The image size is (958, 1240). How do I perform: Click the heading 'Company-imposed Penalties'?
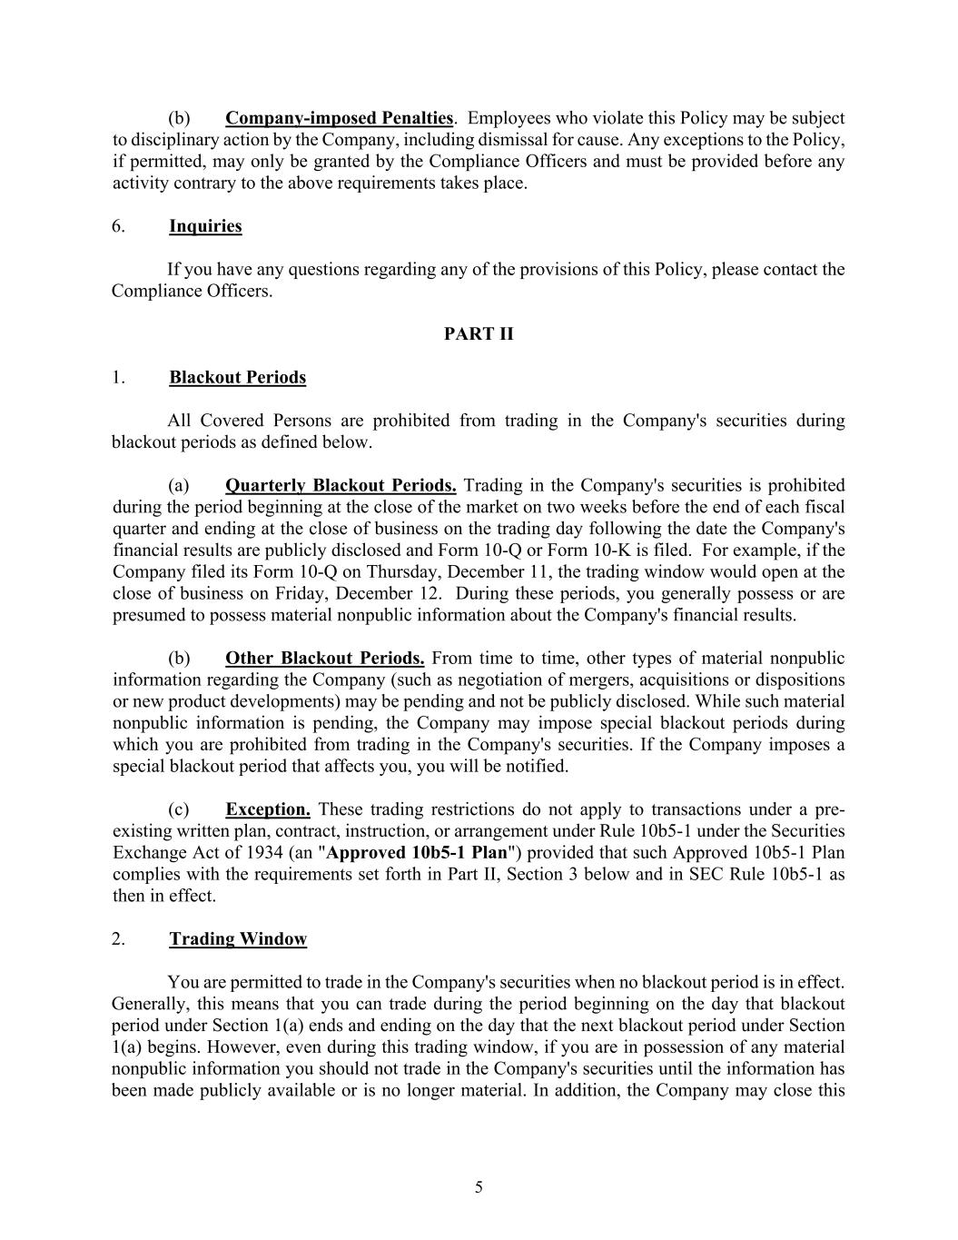click(339, 118)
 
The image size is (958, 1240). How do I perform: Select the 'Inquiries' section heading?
click(205, 226)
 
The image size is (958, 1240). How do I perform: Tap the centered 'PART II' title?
click(479, 333)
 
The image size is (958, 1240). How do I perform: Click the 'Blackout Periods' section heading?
click(237, 377)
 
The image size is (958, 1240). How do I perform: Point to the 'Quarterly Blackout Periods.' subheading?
click(341, 485)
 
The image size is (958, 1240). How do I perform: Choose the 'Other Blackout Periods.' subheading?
click(324, 658)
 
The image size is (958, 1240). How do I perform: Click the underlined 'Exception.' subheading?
click(268, 809)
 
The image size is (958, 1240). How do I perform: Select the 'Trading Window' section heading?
click(238, 939)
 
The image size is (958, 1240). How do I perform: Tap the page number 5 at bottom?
click(479, 1187)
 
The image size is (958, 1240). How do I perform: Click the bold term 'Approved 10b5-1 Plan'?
click(417, 853)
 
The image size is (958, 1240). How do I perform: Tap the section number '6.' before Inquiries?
click(119, 226)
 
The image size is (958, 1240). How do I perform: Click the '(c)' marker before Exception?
click(179, 809)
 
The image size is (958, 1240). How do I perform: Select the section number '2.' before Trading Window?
click(119, 939)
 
